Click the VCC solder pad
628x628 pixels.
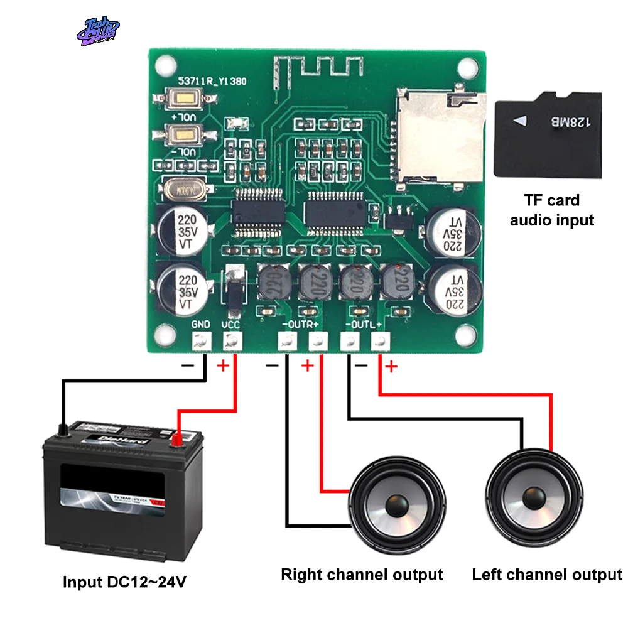232,342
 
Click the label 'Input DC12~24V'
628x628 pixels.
124,582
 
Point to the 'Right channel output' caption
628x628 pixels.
362,574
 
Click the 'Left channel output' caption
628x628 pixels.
547,574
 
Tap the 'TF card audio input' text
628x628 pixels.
551,210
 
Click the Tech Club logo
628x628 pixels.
97,31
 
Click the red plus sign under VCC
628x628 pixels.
222,366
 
